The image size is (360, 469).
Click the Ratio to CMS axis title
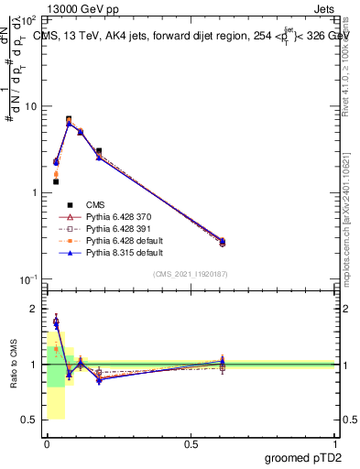[x=14, y=364]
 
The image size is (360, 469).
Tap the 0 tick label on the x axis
[x=47, y=443]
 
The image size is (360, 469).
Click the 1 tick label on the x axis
[x=336, y=443]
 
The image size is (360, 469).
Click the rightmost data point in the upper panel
[x=223, y=242]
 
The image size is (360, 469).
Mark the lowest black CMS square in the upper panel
[x=56, y=181]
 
